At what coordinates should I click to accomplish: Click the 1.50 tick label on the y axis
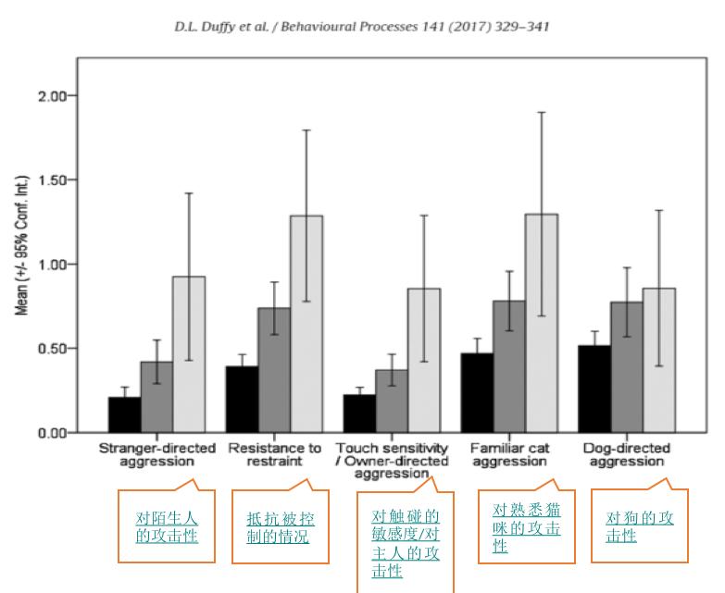[x=47, y=180]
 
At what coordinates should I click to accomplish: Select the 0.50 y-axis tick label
[x=47, y=349]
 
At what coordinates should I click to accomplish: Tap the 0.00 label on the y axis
[x=47, y=433]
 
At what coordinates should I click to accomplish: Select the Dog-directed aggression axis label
[x=627, y=454]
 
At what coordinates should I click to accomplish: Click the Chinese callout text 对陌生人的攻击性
[x=167, y=526]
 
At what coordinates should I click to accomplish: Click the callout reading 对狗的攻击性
[x=640, y=526]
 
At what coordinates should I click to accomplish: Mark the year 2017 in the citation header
[x=465, y=27]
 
